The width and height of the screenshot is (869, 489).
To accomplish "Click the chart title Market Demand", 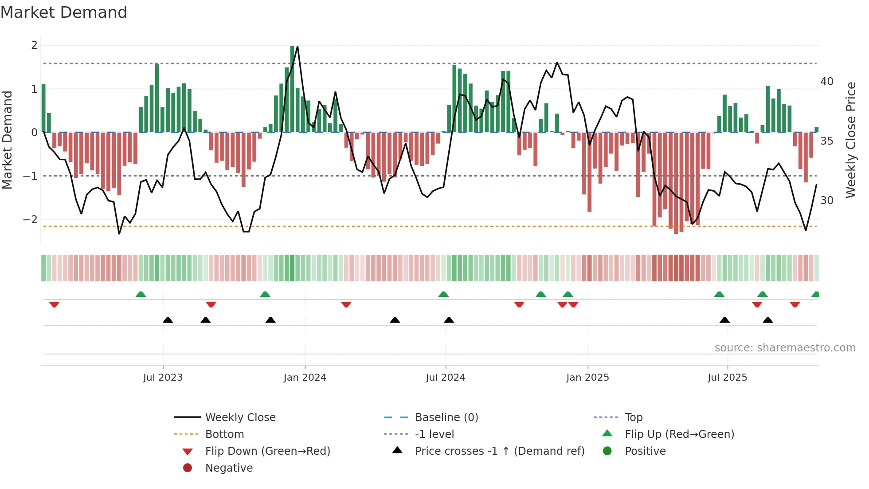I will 64,12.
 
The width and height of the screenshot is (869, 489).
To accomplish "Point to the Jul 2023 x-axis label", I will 163,378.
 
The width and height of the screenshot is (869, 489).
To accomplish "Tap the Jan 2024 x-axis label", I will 305,378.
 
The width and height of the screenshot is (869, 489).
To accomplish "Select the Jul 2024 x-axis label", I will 446,378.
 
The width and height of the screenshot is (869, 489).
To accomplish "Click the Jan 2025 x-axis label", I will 587,378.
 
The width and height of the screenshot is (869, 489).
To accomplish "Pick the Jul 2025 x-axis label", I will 727,378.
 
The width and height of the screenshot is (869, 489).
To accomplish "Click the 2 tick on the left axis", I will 34,45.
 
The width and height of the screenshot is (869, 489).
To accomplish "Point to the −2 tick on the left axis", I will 30,220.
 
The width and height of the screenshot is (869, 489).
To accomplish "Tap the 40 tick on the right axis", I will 827,82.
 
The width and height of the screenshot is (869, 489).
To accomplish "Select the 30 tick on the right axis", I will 827,201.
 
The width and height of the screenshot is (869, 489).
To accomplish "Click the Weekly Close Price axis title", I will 850,140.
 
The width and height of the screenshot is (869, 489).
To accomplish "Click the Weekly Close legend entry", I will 240,418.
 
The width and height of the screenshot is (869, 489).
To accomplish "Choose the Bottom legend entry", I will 224,434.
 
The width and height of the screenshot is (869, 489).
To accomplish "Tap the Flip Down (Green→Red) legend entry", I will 267,451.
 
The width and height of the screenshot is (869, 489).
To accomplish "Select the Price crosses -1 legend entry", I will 499,451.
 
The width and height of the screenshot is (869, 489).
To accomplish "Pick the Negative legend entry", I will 229,468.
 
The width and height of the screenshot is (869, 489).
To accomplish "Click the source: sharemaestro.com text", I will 785,348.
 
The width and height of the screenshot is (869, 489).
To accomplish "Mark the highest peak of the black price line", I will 297,46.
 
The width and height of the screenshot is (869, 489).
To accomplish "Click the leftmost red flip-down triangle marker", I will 54,304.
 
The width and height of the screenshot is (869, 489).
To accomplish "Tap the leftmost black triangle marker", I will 168,320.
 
